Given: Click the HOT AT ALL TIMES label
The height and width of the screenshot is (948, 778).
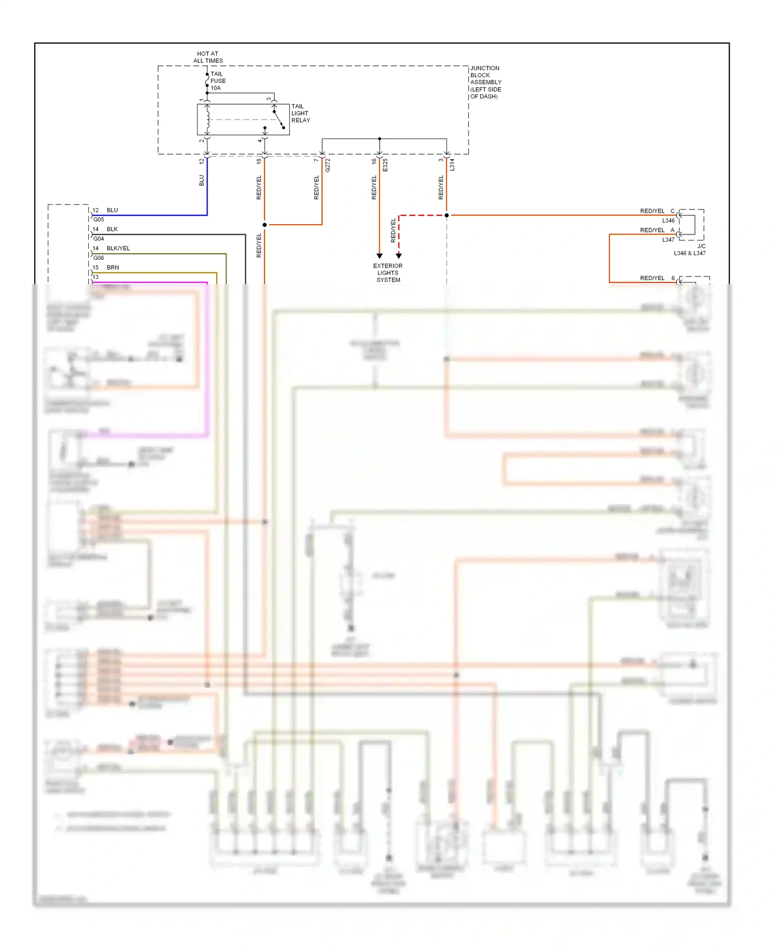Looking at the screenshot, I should (x=208, y=57).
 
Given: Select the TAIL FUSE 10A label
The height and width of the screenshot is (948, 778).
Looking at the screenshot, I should (x=218, y=81).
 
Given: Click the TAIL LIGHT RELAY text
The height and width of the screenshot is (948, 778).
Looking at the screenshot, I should (x=300, y=113).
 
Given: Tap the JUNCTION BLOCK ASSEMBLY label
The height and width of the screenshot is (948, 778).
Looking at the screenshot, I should (x=485, y=82).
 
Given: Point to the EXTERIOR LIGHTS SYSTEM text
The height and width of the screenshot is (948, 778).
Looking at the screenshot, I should (x=388, y=273).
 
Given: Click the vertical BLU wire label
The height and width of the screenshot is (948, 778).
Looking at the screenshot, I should (x=202, y=180).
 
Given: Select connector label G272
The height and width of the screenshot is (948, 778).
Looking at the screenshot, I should (x=328, y=165).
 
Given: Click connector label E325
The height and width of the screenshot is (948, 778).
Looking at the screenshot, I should (x=385, y=165).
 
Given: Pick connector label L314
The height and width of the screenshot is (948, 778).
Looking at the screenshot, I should (x=452, y=165).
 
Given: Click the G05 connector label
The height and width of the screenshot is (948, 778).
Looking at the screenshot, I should (x=99, y=219).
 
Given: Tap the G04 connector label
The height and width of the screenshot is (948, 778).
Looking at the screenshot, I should (x=99, y=239).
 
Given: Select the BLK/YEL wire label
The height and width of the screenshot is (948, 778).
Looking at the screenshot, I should (x=118, y=248).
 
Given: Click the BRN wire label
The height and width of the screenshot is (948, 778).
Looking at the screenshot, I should (x=113, y=268).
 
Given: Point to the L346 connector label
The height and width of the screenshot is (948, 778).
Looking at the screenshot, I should (x=668, y=220).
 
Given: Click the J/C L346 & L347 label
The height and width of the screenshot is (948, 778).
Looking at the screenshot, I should (x=690, y=250).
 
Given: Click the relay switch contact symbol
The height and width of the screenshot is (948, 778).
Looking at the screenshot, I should (x=279, y=119).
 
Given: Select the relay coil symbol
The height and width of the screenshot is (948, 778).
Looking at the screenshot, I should (x=207, y=119).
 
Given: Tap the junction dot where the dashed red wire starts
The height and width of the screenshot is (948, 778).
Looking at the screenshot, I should (x=447, y=215).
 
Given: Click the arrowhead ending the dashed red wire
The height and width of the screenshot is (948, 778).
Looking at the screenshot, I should (x=399, y=256).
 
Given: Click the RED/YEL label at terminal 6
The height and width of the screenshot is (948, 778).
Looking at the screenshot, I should (x=652, y=278).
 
